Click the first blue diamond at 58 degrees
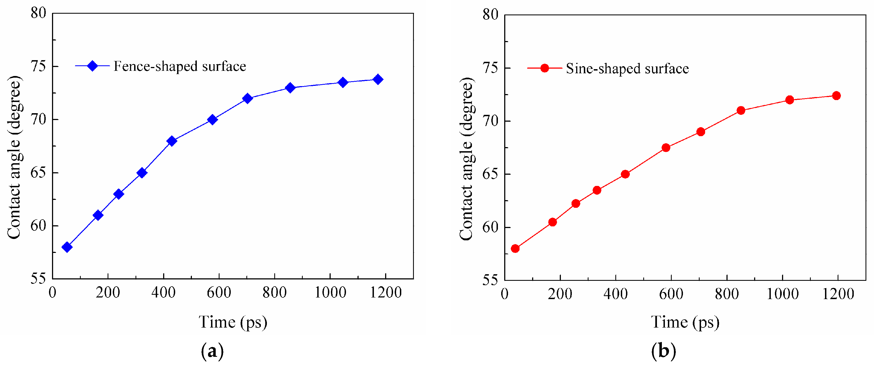(x=67, y=247)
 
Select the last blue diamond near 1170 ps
(x=378, y=79)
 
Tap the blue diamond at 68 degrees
(x=172, y=141)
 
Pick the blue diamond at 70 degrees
(x=212, y=120)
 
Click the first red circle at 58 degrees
(x=515, y=249)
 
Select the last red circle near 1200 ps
(x=836, y=96)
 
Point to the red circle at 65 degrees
(x=625, y=174)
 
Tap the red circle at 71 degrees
(x=741, y=110)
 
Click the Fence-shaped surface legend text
(x=180, y=66)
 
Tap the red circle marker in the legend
(x=544, y=68)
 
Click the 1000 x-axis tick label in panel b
(x=782, y=293)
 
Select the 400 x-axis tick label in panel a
(x=163, y=292)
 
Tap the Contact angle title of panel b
(x=467, y=159)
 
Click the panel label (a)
(x=212, y=351)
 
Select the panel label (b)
(x=664, y=351)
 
